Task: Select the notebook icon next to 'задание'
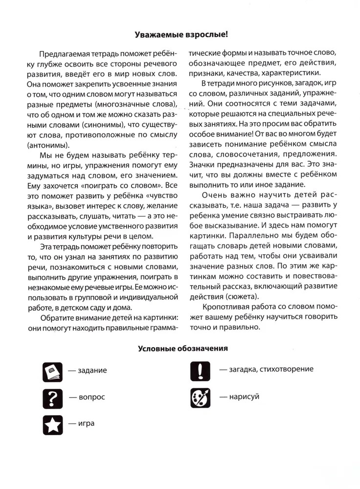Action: click(52, 372)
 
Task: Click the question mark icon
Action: click(52, 398)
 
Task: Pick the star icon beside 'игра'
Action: click(52, 424)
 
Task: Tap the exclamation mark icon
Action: click(200, 370)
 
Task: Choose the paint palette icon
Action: click(200, 397)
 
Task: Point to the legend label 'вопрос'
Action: click(91, 398)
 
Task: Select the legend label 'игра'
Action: click(86, 423)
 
